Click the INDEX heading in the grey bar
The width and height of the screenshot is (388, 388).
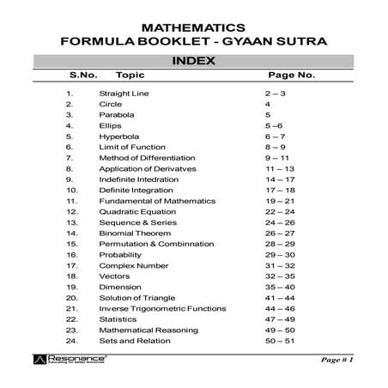click(x=194, y=61)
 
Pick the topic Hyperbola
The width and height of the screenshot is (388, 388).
click(x=119, y=136)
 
